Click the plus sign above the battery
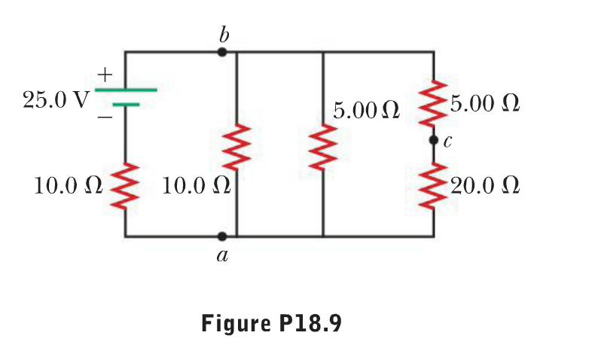click(x=104, y=75)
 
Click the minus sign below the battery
click(x=104, y=118)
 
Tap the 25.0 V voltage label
click(x=56, y=100)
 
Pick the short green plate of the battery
click(x=126, y=105)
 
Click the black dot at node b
click(x=221, y=52)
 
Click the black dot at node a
click(x=221, y=236)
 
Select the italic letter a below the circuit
click(x=221, y=257)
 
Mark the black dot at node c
click(x=433, y=140)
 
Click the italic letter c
click(x=448, y=141)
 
